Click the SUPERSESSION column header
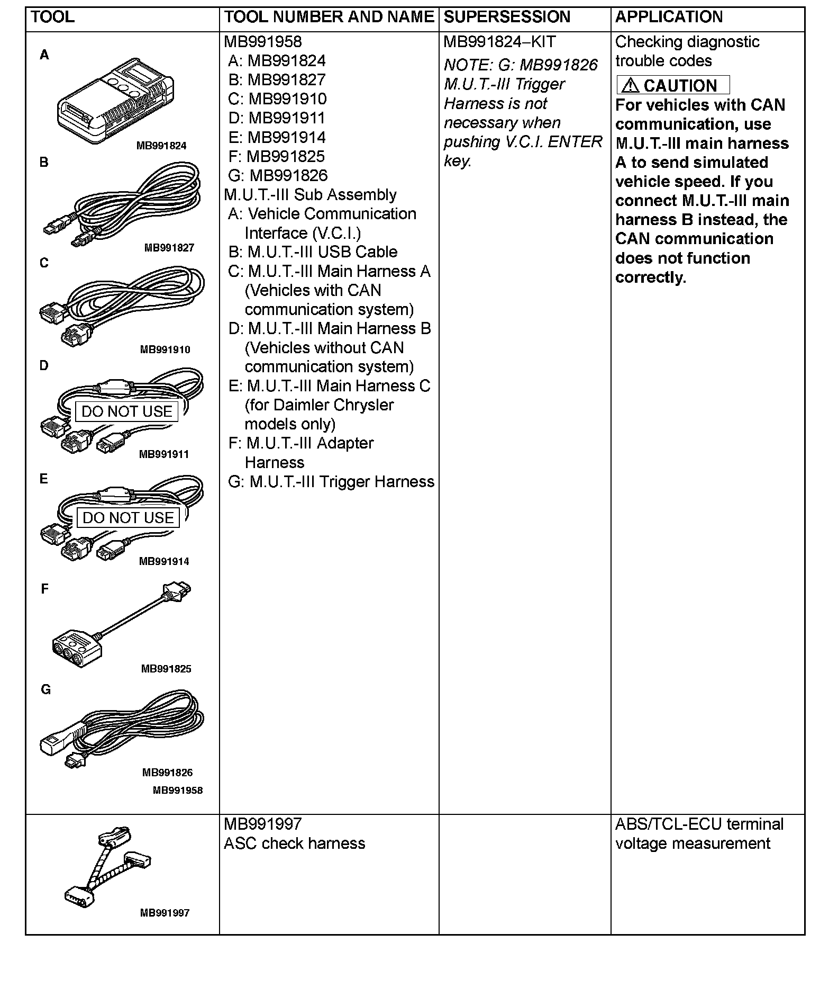[507, 17]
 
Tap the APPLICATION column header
[669, 17]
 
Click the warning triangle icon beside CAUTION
[630, 85]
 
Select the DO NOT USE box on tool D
[127, 411]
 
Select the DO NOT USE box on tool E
[128, 517]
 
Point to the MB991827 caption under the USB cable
[169, 247]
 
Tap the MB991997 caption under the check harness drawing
[165, 913]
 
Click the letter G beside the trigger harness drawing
[46, 689]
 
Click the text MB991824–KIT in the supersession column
[499, 42]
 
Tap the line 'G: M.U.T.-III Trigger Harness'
[331, 481]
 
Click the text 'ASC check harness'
[294, 843]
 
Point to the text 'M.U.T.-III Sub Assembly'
[310, 194]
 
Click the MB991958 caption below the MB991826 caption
[178, 790]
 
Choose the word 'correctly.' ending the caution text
[650, 277]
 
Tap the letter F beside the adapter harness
[44, 589]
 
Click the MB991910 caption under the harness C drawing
[165, 349]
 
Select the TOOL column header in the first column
[53, 17]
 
